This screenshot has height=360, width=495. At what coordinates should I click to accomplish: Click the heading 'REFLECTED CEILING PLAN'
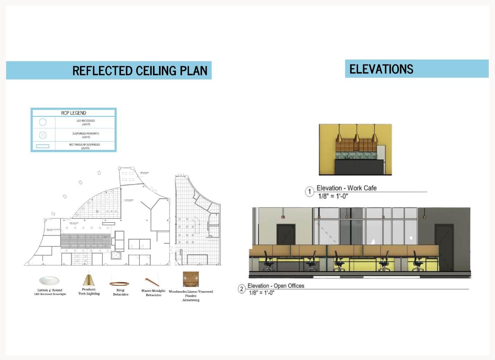click(139, 71)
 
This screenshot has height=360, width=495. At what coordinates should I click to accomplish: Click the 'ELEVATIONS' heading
click(381, 69)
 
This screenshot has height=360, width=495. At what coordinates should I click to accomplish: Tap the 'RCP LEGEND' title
click(73, 113)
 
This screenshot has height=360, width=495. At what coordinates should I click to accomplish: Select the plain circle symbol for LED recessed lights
click(43, 122)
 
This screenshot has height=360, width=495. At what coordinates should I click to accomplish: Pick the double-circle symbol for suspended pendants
click(43, 135)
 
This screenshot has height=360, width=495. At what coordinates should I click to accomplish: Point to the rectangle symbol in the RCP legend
click(43, 146)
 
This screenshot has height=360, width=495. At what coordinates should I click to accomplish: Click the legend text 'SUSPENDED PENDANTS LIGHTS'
click(85, 135)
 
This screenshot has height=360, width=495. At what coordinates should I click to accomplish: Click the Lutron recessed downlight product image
click(49, 280)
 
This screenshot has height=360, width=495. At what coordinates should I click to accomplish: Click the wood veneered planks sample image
click(191, 279)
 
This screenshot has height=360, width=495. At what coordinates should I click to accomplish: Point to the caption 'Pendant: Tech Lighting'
click(89, 291)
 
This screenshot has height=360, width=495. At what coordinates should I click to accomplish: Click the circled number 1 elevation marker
click(309, 191)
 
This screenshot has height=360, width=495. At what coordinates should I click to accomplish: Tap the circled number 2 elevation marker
click(242, 289)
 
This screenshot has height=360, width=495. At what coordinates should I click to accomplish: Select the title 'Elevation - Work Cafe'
click(346, 188)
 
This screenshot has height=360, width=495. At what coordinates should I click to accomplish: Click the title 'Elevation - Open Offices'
click(276, 286)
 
